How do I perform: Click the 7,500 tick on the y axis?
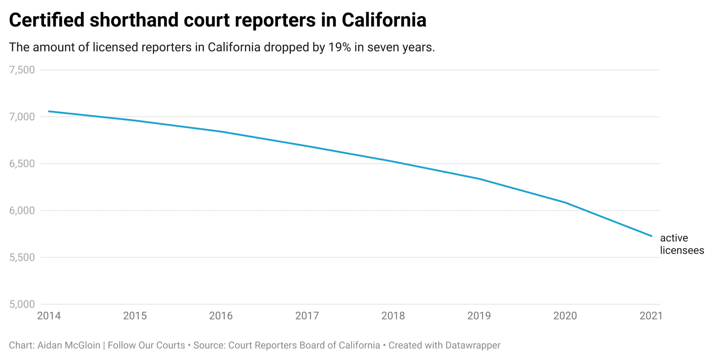click(x=22, y=70)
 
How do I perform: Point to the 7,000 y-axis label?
click(x=22, y=117)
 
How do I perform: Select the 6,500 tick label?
click(x=22, y=164)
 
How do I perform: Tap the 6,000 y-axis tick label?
click(x=22, y=210)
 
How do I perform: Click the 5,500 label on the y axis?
click(x=22, y=257)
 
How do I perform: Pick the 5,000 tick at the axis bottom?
click(x=22, y=304)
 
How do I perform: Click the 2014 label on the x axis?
click(x=49, y=316)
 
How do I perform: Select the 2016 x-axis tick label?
click(x=221, y=316)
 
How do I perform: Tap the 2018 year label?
click(x=393, y=316)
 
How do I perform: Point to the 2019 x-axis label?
click(x=479, y=316)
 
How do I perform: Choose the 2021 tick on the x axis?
click(x=651, y=316)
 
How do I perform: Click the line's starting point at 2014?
click(x=49, y=111)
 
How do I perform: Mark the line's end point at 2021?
click(x=651, y=236)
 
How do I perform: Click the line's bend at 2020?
click(x=565, y=202)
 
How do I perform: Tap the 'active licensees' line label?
click(x=681, y=244)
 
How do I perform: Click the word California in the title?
click(x=384, y=20)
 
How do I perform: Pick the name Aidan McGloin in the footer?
click(x=69, y=345)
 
